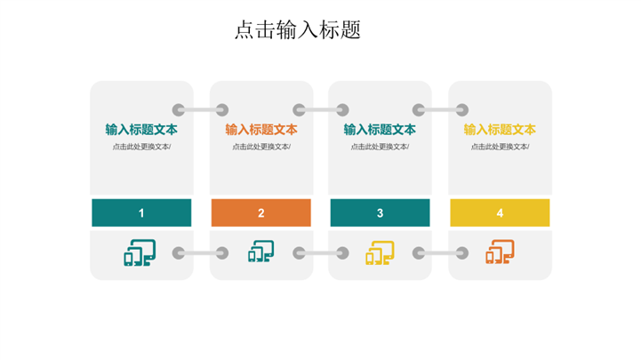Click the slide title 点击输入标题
[298, 30]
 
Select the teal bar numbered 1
[141, 212]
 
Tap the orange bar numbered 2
[260, 212]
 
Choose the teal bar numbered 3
[380, 212]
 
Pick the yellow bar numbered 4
[500, 212]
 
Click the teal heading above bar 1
[141, 130]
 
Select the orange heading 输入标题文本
[261, 130]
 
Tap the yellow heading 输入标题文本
[500, 130]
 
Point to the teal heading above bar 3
[380, 130]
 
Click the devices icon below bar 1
[140, 252]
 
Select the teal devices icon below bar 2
[261, 252]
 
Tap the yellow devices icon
[381, 252]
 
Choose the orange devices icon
[500, 252]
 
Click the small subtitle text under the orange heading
[261, 147]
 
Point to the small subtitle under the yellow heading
[500, 147]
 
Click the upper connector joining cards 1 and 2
[200, 110]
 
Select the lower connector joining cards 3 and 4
[441, 253]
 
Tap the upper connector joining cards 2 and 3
[321, 110]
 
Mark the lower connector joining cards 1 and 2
[200, 253]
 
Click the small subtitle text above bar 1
[141, 147]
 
